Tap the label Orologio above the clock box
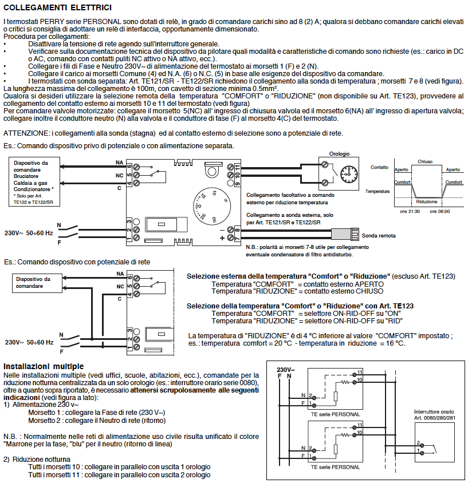click(x=340, y=154)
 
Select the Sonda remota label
click(x=377, y=235)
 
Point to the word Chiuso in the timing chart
click(x=425, y=161)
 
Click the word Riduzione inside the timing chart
click(x=427, y=202)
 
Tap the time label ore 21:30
click(x=410, y=211)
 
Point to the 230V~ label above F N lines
click(x=285, y=369)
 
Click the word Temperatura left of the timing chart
click(x=377, y=191)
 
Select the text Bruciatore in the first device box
click(x=27, y=176)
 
